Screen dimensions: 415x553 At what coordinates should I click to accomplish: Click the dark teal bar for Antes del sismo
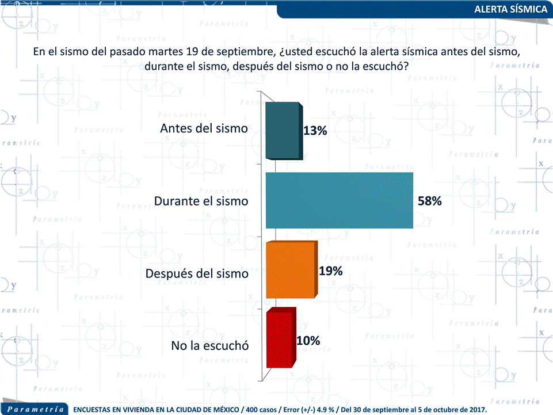coord(283,131)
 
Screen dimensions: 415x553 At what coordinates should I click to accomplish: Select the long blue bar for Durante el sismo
coord(339,200)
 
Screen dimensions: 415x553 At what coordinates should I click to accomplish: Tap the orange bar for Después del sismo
coord(291,270)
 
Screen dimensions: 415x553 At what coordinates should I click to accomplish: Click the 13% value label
coord(315,131)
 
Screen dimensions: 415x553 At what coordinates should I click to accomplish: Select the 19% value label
coord(331,271)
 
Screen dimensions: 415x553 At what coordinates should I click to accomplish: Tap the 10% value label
coord(308,340)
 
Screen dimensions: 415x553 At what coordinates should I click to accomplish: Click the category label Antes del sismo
coord(204,128)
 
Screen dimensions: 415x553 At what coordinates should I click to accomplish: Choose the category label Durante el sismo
coord(201,201)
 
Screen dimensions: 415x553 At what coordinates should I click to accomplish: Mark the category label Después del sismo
coord(197,273)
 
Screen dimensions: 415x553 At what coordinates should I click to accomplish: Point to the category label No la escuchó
coord(209,346)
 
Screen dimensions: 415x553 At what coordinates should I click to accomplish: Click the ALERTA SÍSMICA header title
coord(510,9)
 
